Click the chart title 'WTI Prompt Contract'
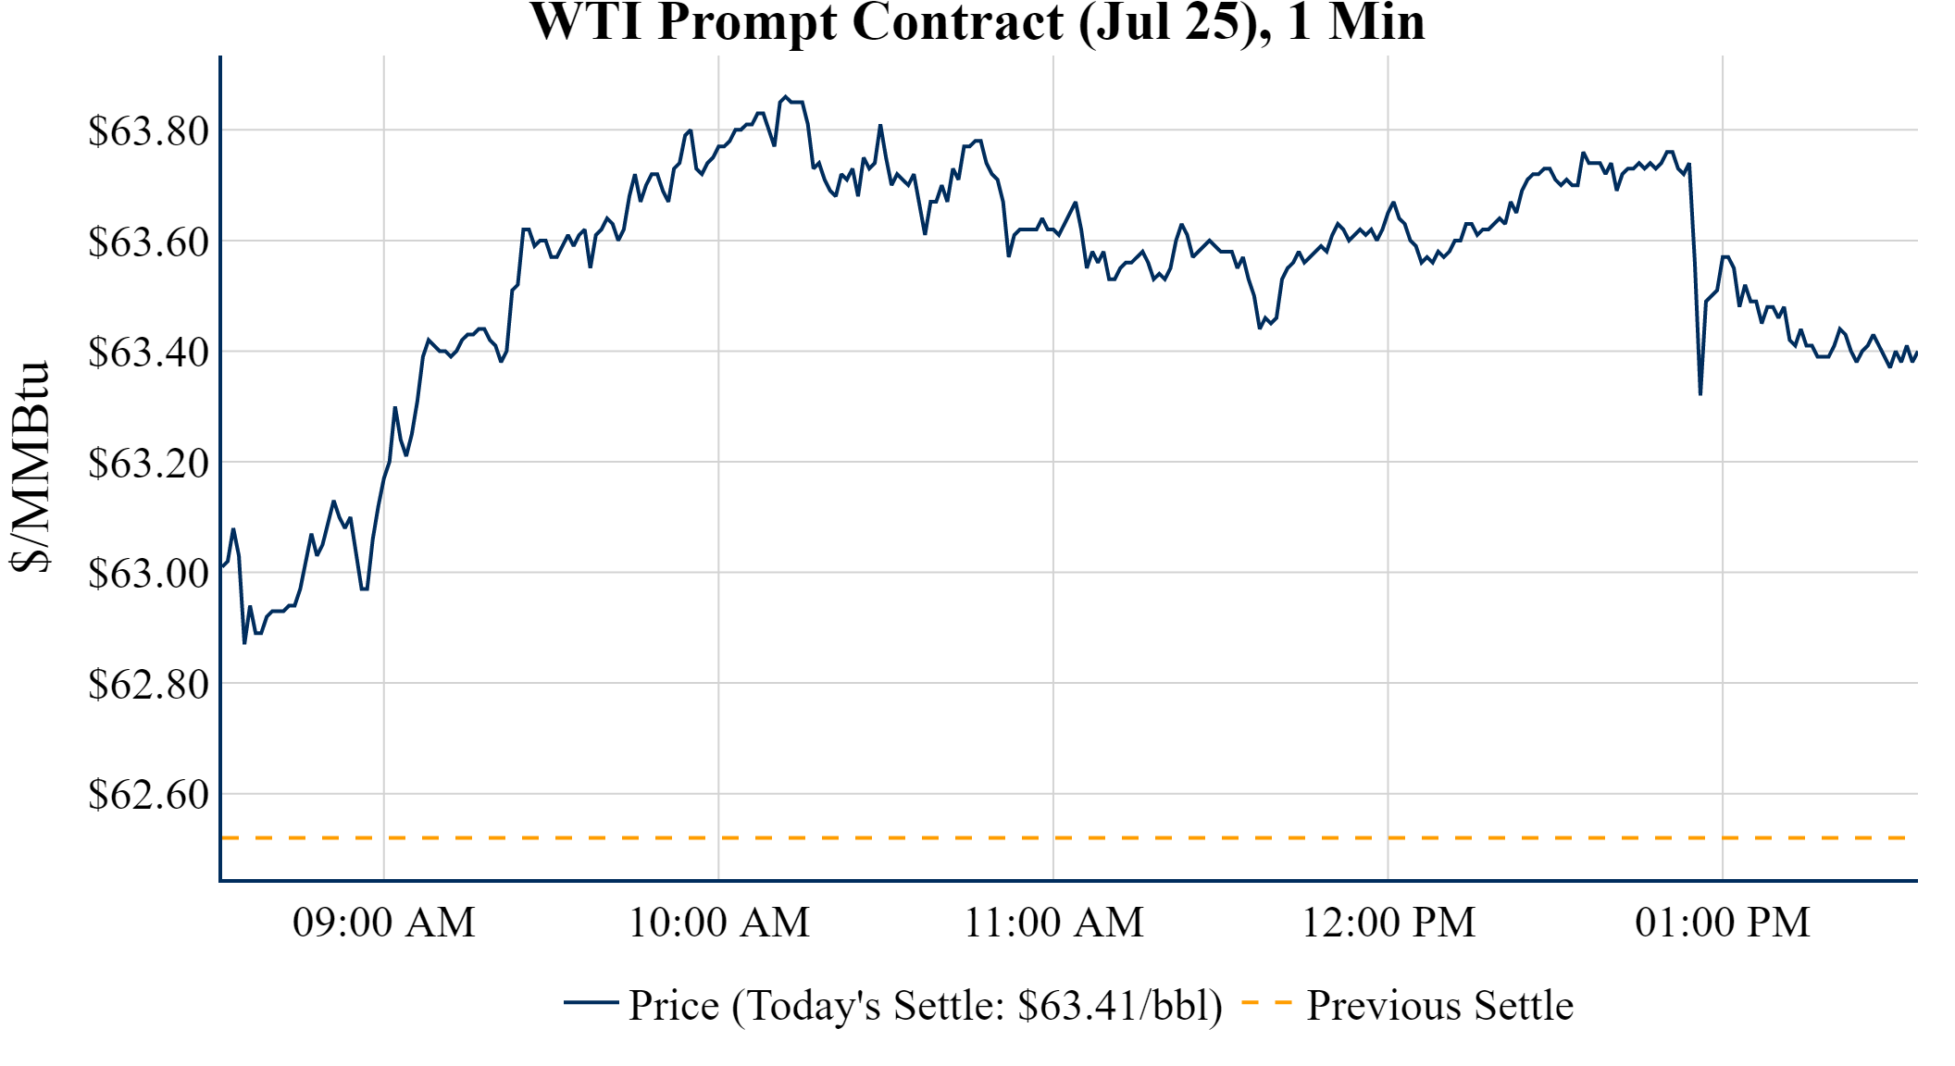coord(977,22)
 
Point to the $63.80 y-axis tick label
coord(149,131)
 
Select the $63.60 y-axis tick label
coord(149,242)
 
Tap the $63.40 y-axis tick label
coord(149,353)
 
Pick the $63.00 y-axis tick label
coord(149,574)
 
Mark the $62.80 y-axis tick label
coord(149,685)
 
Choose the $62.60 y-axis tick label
coord(149,795)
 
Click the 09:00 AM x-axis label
coord(384,923)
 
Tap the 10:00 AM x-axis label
coord(719,923)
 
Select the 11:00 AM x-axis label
coord(1054,923)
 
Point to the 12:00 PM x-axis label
coord(1388,923)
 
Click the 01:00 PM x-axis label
coord(1723,923)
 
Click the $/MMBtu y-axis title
coord(31,467)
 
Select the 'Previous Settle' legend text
coord(1439,1006)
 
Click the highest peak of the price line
coord(785,96)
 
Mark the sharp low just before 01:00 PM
coord(1700,394)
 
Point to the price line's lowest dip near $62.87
coord(244,643)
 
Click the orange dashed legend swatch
coord(1266,1003)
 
